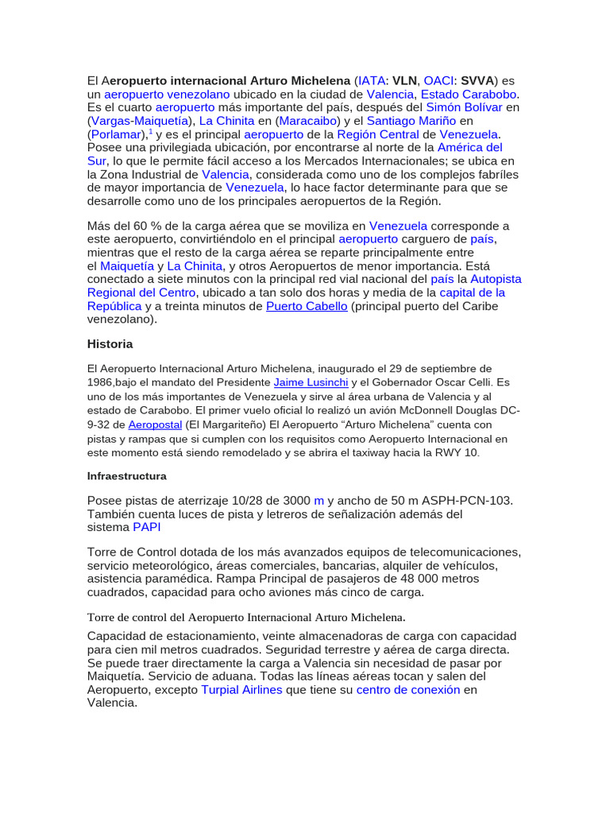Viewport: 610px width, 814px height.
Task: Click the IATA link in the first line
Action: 372,80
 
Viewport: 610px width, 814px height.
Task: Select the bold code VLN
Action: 406,80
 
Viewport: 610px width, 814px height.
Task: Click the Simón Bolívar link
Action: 464,107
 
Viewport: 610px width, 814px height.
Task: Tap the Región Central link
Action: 378,134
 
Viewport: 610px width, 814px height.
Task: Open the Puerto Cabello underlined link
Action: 307,306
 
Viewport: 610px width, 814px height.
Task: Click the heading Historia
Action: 110,344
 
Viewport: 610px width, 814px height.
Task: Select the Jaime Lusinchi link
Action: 311,382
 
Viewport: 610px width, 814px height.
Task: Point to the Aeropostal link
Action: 155,424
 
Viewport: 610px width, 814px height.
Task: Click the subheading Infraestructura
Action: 127,476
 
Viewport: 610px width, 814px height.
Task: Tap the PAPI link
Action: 147,527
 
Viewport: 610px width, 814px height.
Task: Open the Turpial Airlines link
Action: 241,690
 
